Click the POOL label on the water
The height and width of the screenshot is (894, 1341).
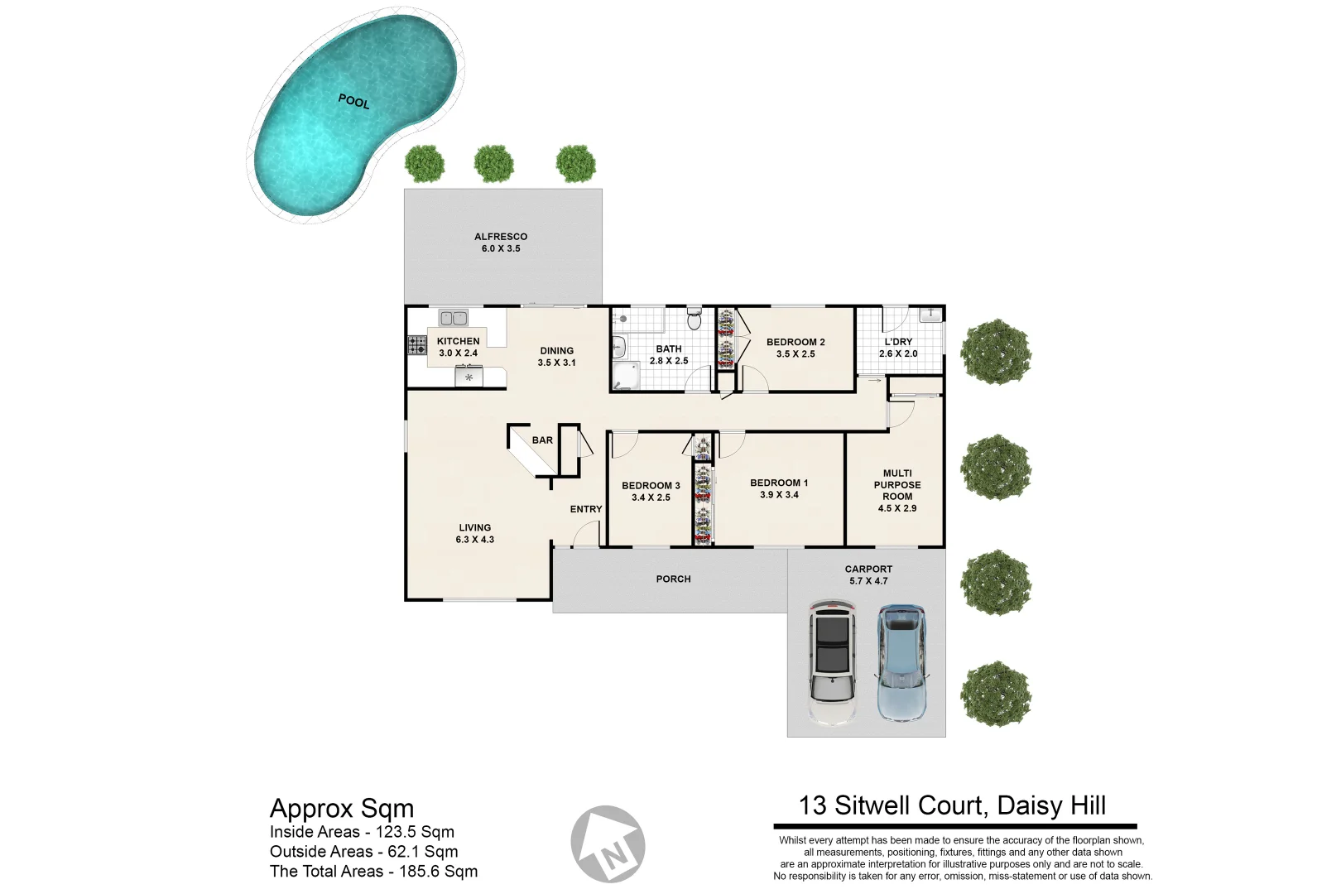pyautogui.click(x=353, y=101)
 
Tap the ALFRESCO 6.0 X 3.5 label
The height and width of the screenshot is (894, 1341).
pyautogui.click(x=500, y=243)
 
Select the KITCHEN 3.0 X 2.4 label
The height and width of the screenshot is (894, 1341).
pyautogui.click(x=458, y=347)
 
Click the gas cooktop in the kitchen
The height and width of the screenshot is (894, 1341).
pyautogui.click(x=416, y=345)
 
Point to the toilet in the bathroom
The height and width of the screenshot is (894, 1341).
pyautogui.click(x=695, y=319)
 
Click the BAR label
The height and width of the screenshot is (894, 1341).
pyautogui.click(x=542, y=440)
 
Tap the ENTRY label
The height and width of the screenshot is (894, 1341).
pyautogui.click(x=585, y=509)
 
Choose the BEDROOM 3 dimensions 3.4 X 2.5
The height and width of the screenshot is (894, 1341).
pyautogui.click(x=651, y=497)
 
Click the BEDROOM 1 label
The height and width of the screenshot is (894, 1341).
pyautogui.click(x=779, y=483)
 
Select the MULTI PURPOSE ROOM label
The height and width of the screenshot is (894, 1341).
pyautogui.click(x=897, y=490)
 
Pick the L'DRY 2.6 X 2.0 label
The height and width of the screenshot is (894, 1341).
pyautogui.click(x=898, y=348)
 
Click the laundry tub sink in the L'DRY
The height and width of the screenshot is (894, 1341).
pyautogui.click(x=930, y=314)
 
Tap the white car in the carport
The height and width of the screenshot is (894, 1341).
pyautogui.click(x=832, y=662)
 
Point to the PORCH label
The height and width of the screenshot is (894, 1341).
pyautogui.click(x=673, y=579)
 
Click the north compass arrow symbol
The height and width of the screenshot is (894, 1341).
pyautogui.click(x=608, y=844)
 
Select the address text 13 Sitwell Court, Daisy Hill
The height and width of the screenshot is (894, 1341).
pyautogui.click(x=952, y=805)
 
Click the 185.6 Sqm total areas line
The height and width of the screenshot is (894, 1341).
pyautogui.click(x=373, y=871)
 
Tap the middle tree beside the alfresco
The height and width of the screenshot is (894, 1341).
pyautogui.click(x=493, y=164)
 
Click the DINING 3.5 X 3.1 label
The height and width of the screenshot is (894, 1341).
pyautogui.click(x=556, y=357)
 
